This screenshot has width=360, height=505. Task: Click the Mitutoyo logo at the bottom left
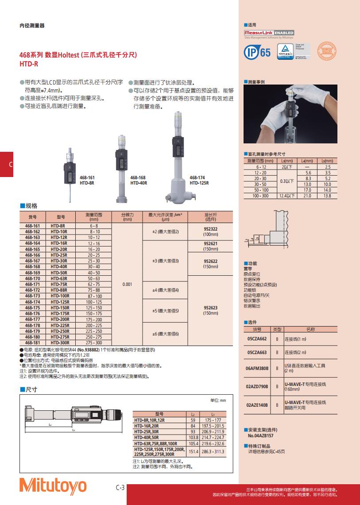click(53, 486)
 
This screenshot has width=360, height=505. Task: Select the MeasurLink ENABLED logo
click(269, 33)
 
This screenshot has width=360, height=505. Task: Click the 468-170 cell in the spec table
click(32, 278)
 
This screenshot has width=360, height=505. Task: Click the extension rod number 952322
click(211, 228)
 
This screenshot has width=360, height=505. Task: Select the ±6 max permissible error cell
click(166, 334)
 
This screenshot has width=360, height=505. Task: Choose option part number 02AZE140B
click(257, 405)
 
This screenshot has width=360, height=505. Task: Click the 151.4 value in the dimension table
click(193, 451)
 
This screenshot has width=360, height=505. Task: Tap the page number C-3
click(120, 488)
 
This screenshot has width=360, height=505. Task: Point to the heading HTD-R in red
click(28, 64)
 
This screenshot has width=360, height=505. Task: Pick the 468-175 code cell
click(32, 308)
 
